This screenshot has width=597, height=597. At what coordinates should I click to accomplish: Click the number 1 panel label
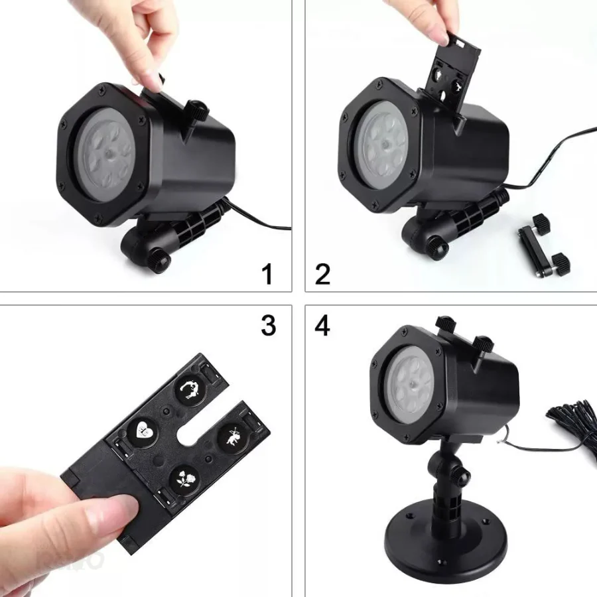point(268,274)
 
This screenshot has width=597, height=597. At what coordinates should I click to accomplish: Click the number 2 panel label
point(322,274)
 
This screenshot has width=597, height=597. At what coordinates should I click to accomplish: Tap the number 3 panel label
point(269,326)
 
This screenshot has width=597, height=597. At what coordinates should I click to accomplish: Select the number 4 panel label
point(322,326)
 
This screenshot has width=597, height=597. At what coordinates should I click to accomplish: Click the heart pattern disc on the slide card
point(143,431)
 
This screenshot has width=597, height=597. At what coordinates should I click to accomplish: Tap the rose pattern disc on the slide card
point(184,479)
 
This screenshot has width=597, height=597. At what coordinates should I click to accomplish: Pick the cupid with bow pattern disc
point(233,436)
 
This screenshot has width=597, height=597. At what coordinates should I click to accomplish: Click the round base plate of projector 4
point(446,539)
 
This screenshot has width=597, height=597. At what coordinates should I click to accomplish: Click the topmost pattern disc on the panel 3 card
point(190,388)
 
